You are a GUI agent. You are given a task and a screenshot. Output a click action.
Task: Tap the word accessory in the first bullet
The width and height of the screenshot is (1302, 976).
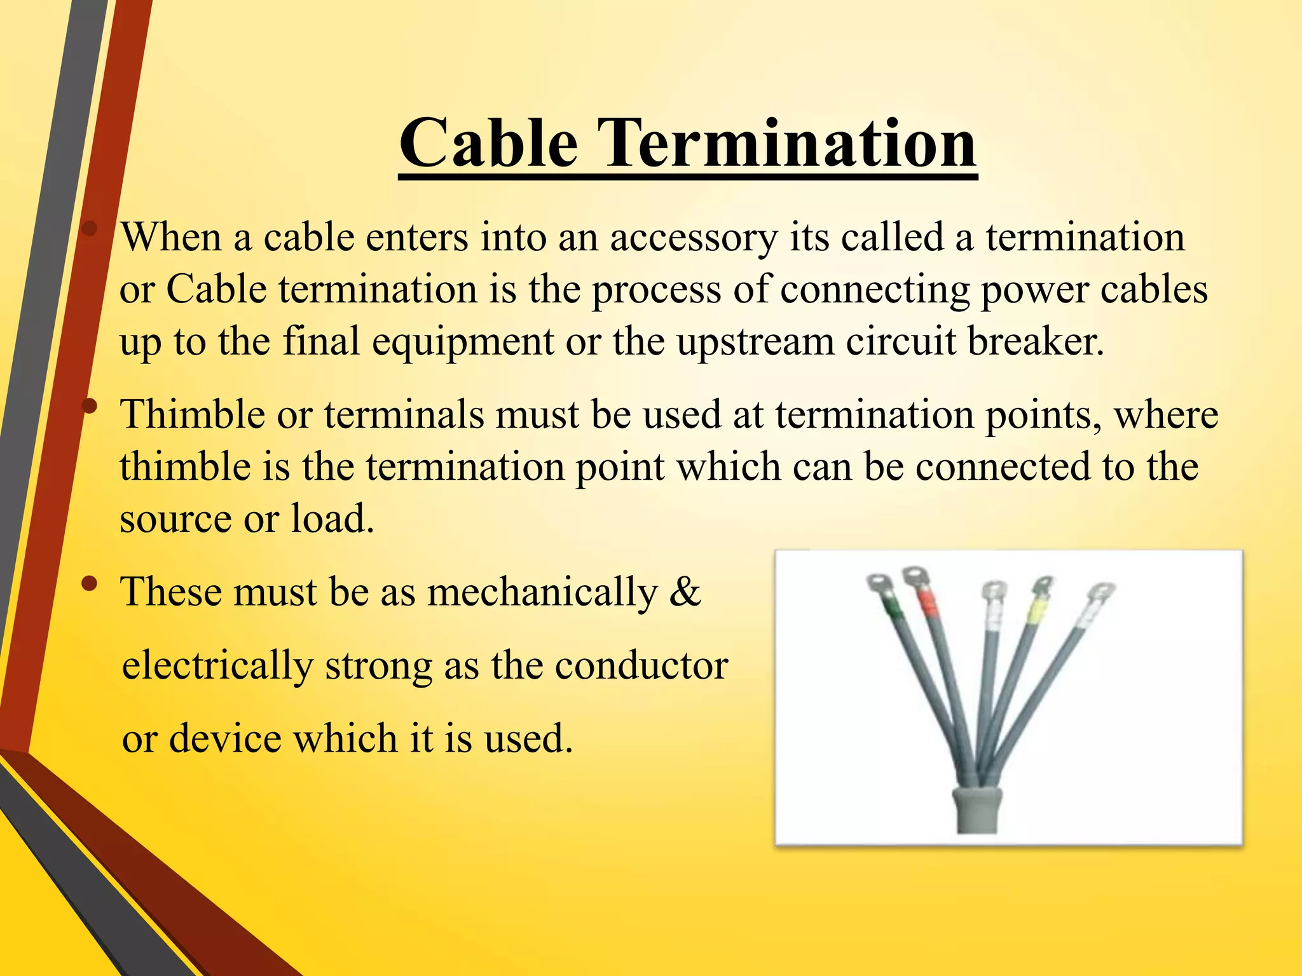click(x=694, y=238)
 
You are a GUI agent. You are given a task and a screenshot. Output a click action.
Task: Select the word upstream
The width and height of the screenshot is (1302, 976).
click(x=755, y=342)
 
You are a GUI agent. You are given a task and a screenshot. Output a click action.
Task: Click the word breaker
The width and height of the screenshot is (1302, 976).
click(x=1036, y=341)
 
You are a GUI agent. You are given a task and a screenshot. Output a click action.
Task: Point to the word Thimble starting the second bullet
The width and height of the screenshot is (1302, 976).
click(x=193, y=414)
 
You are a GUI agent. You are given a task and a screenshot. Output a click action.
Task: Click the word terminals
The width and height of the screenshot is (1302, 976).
click(x=405, y=414)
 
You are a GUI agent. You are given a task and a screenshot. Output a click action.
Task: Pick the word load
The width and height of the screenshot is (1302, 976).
click(x=332, y=518)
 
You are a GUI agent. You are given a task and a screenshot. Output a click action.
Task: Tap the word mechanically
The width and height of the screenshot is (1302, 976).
click(x=542, y=593)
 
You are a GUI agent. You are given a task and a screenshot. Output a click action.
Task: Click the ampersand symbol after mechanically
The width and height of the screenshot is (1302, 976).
click(x=685, y=592)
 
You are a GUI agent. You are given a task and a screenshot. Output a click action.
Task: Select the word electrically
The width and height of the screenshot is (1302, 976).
click(x=217, y=667)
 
